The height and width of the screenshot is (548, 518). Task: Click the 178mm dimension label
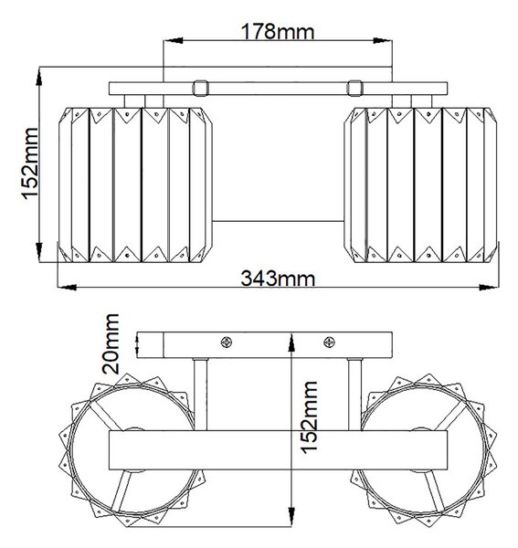pyautogui.click(x=278, y=31)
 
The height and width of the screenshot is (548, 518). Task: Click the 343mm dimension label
pyautogui.click(x=278, y=279)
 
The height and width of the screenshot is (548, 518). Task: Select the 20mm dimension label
pyautogui.click(x=111, y=343)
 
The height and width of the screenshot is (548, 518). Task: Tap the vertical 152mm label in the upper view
pyautogui.click(x=30, y=163)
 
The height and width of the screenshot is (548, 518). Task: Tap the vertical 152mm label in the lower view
pyautogui.click(x=309, y=417)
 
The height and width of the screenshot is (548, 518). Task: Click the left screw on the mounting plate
pyautogui.click(x=227, y=342)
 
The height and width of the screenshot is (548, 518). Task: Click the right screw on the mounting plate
pyautogui.click(x=329, y=342)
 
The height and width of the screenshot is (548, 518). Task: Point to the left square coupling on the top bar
pyautogui.click(x=201, y=88)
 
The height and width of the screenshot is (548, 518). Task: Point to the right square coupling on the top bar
pyautogui.click(x=354, y=88)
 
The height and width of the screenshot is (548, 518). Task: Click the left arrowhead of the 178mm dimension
pyautogui.click(x=173, y=40)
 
